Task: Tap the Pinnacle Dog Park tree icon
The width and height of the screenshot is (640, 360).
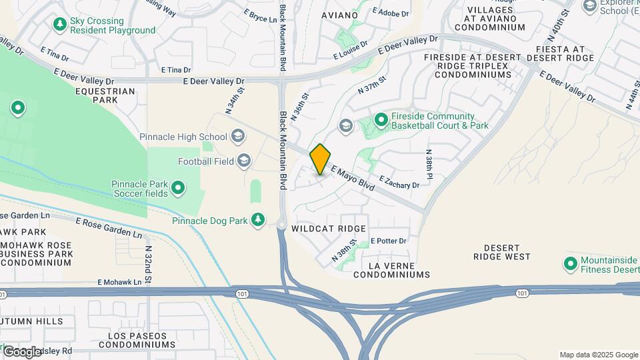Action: [258, 220]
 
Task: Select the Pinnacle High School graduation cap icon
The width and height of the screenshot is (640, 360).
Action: [238, 137]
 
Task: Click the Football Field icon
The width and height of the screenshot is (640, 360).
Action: [244, 161]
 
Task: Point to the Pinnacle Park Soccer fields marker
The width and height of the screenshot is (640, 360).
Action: [178, 189]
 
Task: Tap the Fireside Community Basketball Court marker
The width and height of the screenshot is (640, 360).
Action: [381, 121]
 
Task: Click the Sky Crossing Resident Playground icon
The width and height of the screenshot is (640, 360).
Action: [60, 25]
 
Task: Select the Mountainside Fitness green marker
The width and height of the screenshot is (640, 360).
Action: [570, 264]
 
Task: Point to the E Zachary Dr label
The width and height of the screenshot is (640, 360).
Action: [399, 181]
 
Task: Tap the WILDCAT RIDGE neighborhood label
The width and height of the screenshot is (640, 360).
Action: [329, 229]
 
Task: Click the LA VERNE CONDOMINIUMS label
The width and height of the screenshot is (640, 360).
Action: [391, 269]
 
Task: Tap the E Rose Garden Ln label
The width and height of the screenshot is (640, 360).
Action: [109, 227]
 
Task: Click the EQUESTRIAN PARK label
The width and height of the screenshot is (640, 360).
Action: [105, 95]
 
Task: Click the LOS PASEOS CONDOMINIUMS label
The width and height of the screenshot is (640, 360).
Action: [137, 340]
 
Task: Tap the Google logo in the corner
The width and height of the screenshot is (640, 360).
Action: [23, 351]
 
